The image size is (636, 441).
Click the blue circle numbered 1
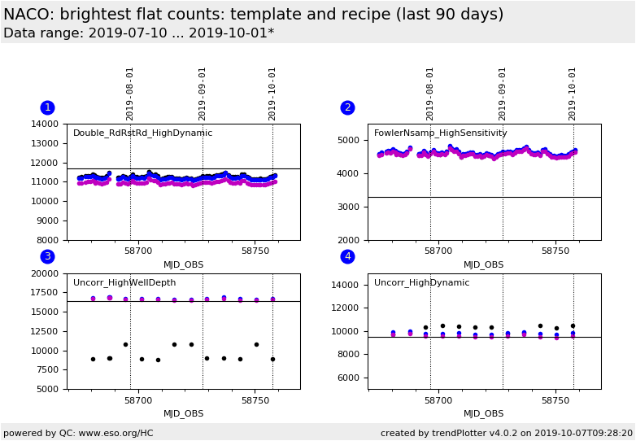(x=48, y=107)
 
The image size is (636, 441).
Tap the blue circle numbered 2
(x=347, y=107)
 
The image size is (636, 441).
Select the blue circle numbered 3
(x=48, y=256)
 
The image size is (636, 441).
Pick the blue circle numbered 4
(x=347, y=256)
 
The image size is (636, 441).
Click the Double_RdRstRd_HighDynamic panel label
(x=143, y=133)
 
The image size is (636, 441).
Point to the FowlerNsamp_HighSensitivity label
(x=441, y=133)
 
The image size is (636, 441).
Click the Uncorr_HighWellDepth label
(x=124, y=283)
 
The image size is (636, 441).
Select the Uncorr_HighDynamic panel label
(x=422, y=283)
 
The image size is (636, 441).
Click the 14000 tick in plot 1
(x=45, y=124)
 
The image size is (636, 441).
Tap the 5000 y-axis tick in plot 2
(x=348, y=141)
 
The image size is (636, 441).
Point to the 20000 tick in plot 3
(x=45, y=274)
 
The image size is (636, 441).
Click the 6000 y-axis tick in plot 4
(x=348, y=378)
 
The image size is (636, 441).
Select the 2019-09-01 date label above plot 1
(x=202, y=94)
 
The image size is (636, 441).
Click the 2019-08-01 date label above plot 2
(x=429, y=94)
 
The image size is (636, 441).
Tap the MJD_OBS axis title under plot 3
(x=183, y=414)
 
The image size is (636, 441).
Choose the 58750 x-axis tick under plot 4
(x=555, y=401)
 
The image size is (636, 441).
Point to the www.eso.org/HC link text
(x=116, y=434)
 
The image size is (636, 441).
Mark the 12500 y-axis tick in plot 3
(x=45, y=331)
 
